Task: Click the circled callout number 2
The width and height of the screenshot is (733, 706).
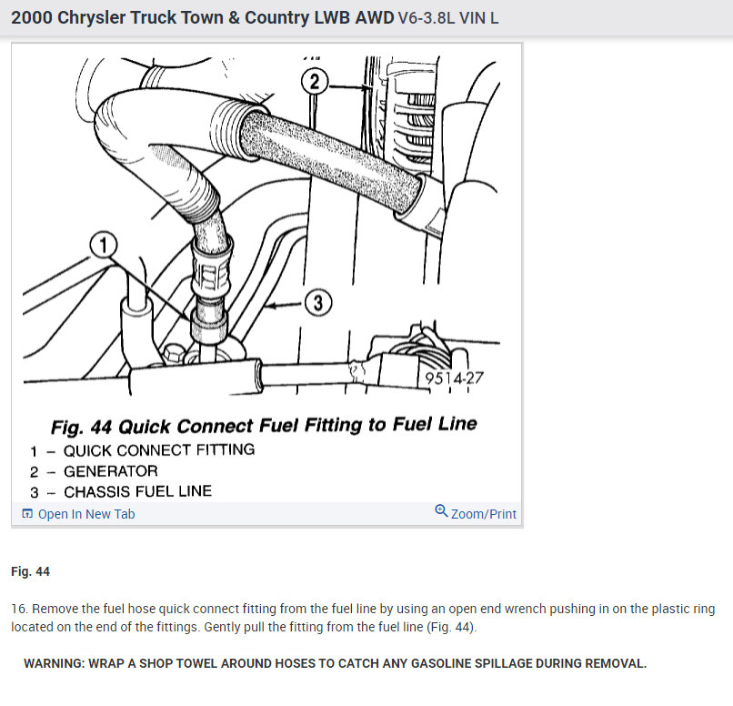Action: [314, 83]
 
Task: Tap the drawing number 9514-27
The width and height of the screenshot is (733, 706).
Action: [453, 378]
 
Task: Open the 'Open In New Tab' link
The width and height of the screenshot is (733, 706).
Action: [85, 514]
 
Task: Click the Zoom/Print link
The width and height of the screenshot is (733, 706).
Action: [483, 514]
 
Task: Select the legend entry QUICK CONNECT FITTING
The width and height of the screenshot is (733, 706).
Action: [159, 449]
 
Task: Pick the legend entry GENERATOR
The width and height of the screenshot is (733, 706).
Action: [110, 470]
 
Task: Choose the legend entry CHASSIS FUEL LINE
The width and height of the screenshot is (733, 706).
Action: [137, 491]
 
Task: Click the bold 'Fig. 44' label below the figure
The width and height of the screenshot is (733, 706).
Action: [30, 571]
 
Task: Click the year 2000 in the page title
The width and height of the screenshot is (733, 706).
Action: [31, 18]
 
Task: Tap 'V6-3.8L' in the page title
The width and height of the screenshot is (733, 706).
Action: [428, 18]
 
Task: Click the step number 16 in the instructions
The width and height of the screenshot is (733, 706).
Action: [18, 609]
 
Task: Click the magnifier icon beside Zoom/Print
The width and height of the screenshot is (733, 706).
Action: [441, 512]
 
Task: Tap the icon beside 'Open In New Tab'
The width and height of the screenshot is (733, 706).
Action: [26, 515]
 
